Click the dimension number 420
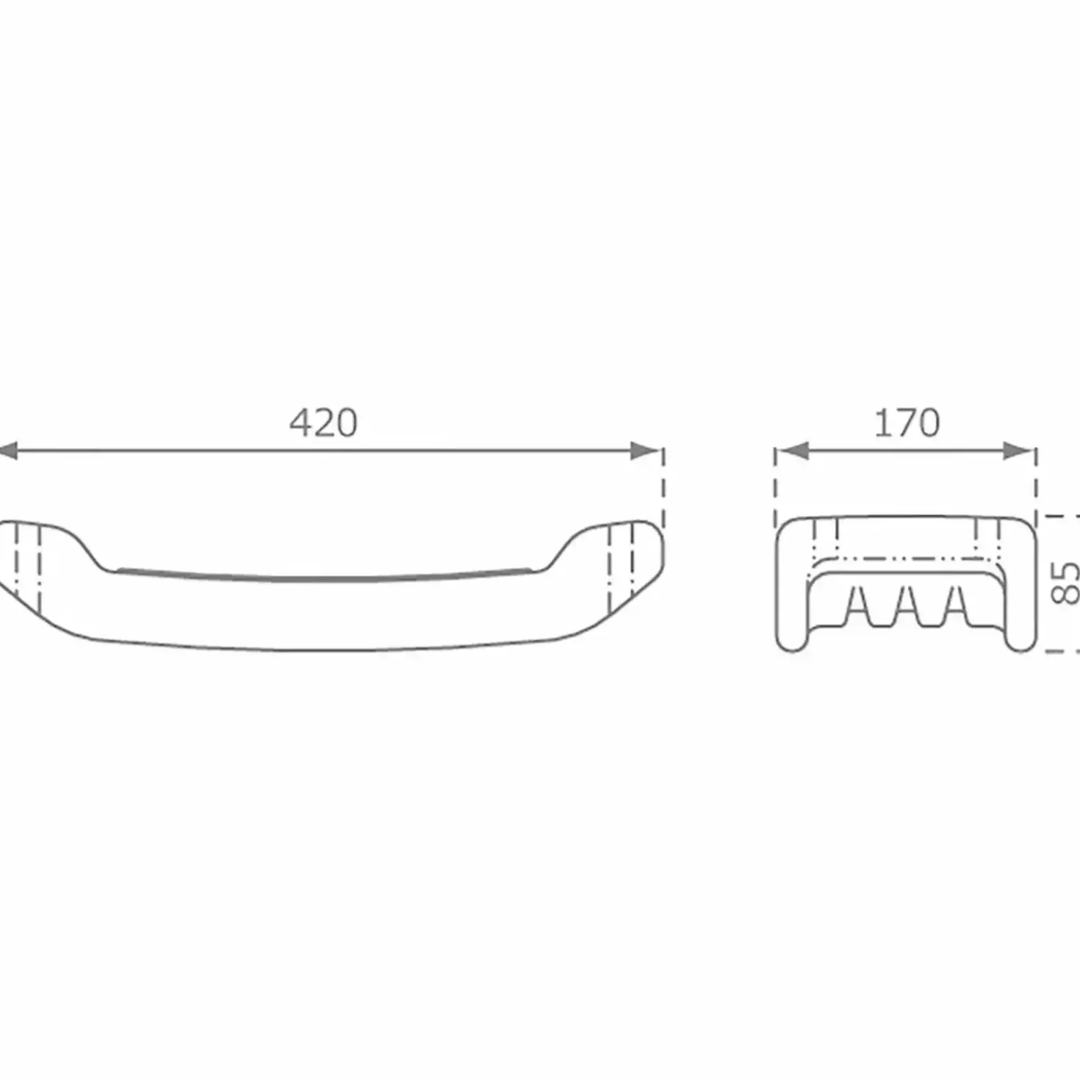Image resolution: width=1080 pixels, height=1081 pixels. (x=323, y=423)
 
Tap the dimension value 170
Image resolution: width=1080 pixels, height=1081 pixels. (x=907, y=423)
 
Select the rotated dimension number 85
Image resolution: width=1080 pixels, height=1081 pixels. (x=1065, y=583)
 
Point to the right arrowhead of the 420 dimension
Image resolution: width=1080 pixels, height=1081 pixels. (x=644, y=450)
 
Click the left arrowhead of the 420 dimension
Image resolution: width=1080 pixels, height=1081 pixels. (x=8, y=450)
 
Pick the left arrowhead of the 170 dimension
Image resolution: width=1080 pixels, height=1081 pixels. (x=794, y=450)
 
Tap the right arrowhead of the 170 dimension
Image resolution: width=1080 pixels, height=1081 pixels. (x=1018, y=450)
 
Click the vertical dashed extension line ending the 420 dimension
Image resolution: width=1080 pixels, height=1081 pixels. (x=663, y=488)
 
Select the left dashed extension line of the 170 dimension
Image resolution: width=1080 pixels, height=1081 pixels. (x=775, y=488)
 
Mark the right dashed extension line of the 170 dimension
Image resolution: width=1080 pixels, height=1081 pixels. (x=1037, y=488)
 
